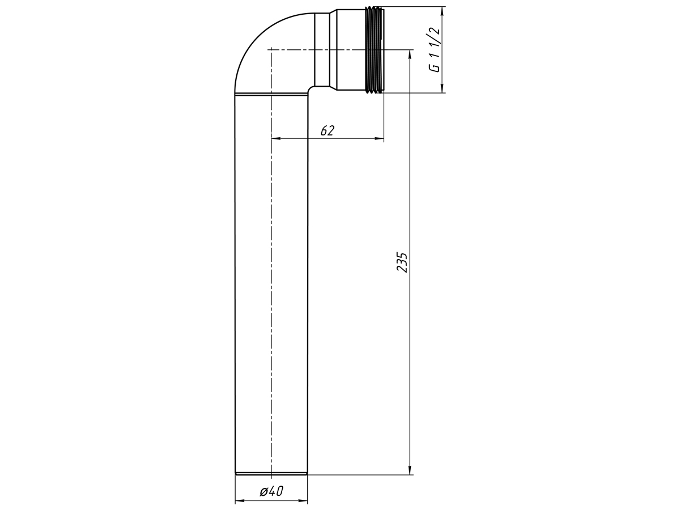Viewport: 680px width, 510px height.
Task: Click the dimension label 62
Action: click(328, 131)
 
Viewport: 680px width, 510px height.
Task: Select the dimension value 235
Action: click(402, 262)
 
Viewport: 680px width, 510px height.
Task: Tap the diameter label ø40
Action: click(271, 491)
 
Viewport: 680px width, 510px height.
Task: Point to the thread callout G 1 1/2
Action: click(434, 50)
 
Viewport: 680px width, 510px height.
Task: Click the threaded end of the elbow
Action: click(375, 49)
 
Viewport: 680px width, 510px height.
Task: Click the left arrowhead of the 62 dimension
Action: click(276, 138)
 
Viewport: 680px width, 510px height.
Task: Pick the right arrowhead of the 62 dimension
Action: click(379, 138)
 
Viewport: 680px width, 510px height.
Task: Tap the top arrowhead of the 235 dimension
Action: click(410, 54)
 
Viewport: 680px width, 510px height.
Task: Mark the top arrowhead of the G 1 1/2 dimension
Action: click(443, 11)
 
